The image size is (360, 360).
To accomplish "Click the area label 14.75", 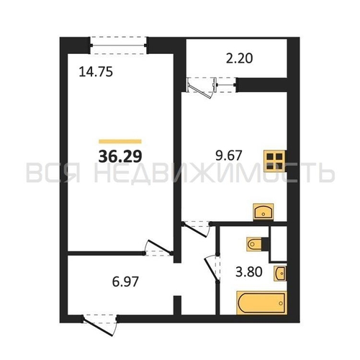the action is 96,72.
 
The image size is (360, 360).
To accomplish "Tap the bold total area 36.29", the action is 120,156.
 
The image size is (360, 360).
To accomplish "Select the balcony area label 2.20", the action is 239,58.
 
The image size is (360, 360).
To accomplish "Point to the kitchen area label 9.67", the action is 228,155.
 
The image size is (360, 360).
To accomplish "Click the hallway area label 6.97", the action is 125,282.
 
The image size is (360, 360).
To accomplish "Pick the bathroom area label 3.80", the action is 248,272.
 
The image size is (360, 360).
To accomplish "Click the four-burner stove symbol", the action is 275,161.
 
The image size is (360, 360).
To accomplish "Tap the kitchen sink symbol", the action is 264,212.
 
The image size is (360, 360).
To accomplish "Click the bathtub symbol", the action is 261,303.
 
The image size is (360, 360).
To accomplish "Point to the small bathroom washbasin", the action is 280,274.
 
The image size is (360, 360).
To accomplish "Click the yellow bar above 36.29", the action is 120,141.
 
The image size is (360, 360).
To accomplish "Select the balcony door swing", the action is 202,88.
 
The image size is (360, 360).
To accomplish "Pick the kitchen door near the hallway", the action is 196,230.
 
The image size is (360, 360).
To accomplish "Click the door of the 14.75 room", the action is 158,247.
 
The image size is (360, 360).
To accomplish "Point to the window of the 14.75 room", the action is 118,45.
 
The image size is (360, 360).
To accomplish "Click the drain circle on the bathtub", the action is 281,303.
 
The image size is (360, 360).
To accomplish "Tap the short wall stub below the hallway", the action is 177,305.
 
